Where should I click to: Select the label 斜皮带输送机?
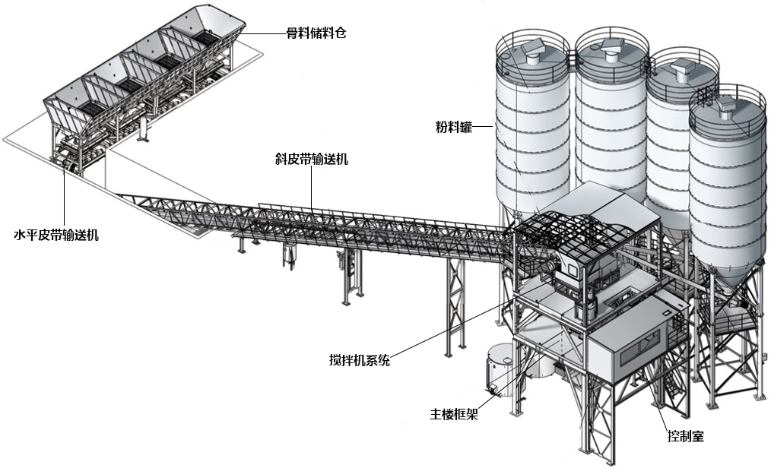[312, 160]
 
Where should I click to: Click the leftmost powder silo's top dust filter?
[531, 50]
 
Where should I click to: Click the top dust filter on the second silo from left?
[610, 49]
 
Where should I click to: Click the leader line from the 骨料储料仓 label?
[262, 33]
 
